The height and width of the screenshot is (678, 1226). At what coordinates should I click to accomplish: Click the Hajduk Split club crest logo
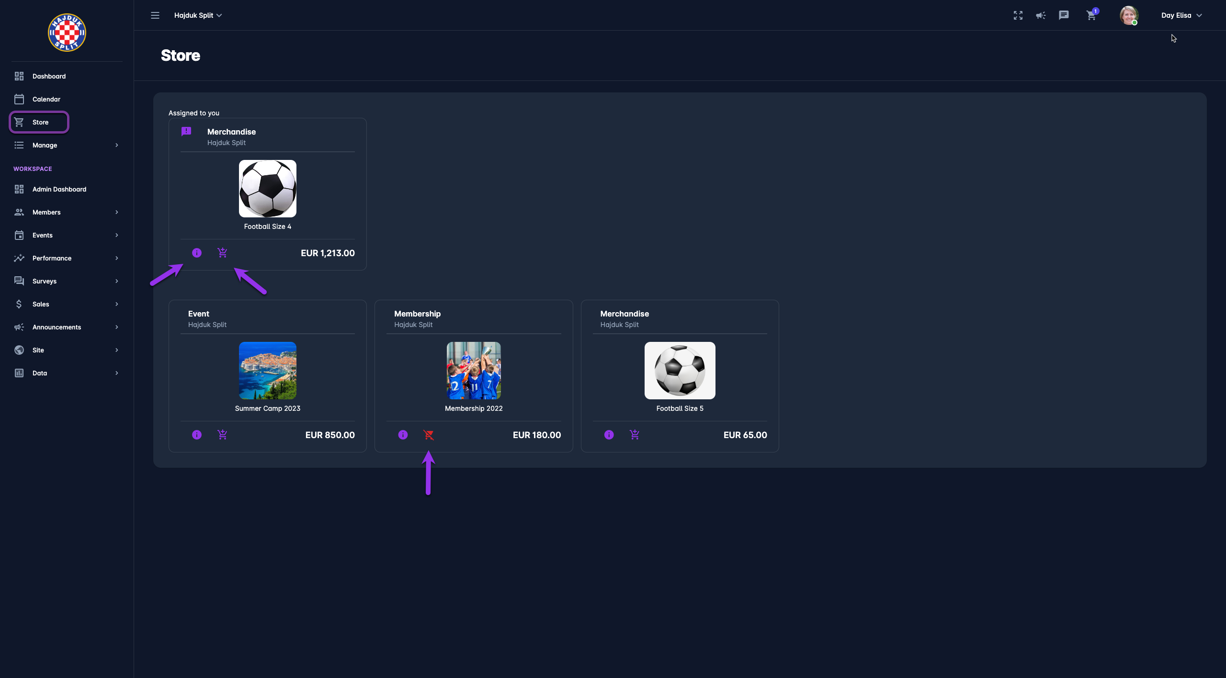(x=67, y=33)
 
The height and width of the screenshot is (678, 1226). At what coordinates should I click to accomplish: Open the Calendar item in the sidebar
(x=46, y=99)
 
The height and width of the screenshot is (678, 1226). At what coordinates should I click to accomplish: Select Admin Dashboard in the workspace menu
(x=59, y=189)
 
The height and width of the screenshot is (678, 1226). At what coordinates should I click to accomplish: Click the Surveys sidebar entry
(x=44, y=281)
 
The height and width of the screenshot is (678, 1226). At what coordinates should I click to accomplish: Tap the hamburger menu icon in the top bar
(x=155, y=15)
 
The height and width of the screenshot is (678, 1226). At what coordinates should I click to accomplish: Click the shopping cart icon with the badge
(x=1091, y=15)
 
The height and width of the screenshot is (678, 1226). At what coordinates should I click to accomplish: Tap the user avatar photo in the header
(x=1128, y=15)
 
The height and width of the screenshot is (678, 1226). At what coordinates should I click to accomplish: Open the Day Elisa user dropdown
(x=1181, y=15)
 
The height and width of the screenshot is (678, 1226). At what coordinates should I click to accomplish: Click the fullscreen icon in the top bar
(x=1018, y=15)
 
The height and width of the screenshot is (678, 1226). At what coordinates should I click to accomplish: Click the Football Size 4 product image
(x=268, y=189)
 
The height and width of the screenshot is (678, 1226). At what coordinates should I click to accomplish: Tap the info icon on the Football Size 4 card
(x=197, y=253)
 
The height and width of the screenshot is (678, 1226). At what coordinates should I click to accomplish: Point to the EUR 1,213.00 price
(x=328, y=253)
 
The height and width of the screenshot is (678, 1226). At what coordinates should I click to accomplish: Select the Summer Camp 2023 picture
(x=268, y=371)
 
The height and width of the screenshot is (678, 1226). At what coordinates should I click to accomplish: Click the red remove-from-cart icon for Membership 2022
(x=429, y=435)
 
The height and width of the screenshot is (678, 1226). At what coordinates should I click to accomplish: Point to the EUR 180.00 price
(x=536, y=435)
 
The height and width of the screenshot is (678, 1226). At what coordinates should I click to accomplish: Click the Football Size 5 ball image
(x=680, y=371)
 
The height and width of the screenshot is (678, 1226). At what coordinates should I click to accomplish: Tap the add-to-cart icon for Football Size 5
(x=635, y=435)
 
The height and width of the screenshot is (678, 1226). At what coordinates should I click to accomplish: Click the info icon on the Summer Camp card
(x=197, y=435)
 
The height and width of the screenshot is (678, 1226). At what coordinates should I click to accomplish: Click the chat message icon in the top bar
(x=1064, y=15)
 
